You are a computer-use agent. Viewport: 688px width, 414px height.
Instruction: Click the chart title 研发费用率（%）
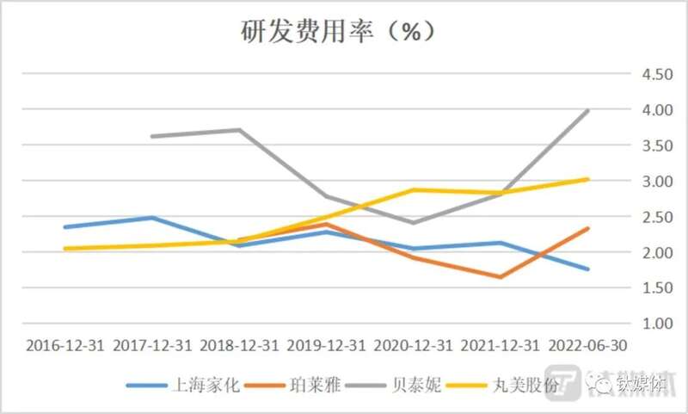click(337, 34)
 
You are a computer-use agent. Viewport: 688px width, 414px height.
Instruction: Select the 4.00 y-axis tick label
click(650, 110)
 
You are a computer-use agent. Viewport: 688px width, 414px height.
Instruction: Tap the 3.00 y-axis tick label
click(650, 182)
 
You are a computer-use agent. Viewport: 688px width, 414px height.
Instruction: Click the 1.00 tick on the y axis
click(650, 324)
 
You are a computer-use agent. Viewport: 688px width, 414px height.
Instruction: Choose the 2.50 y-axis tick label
click(650, 217)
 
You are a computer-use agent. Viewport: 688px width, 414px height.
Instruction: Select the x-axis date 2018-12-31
click(239, 345)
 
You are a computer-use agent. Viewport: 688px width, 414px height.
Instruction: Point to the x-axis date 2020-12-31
click(414, 345)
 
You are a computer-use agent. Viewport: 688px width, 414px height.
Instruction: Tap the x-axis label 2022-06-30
click(587, 345)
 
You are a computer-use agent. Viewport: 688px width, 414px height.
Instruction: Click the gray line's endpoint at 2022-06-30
click(588, 110)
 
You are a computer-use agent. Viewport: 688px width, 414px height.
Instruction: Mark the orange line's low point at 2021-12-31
click(501, 277)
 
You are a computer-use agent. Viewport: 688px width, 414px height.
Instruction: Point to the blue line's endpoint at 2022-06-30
click(588, 269)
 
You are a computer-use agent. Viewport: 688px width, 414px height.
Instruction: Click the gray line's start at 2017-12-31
click(152, 136)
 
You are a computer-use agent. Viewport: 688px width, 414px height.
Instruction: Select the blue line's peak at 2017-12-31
click(152, 218)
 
